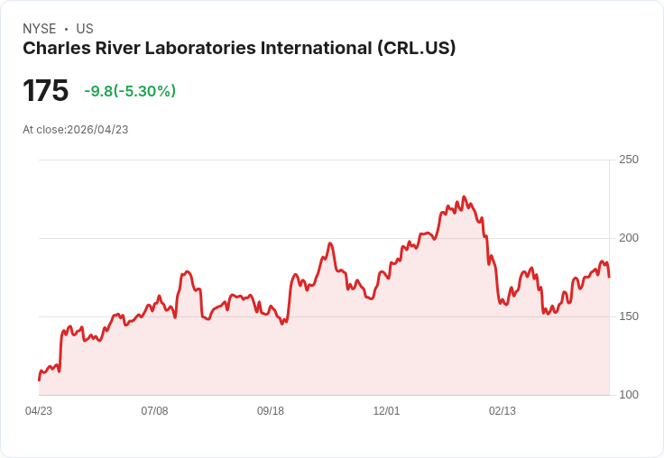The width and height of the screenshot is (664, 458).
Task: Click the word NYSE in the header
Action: (x=39, y=29)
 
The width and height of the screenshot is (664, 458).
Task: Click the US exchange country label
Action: (x=85, y=29)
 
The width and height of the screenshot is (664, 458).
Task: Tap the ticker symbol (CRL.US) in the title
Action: (x=416, y=49)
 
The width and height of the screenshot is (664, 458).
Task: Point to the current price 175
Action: (x=45, y=91)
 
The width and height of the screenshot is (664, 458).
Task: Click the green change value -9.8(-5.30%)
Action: (x=130, y=91)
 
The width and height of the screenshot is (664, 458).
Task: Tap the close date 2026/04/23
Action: (x=97, y=130)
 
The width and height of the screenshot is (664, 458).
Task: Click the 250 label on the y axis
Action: (x=629, y=160)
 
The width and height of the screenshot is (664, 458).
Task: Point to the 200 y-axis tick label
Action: (x=629, y=238)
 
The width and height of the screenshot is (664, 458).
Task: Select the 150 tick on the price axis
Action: (x=629, y=316)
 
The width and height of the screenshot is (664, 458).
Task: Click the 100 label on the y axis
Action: (x=629, y=395)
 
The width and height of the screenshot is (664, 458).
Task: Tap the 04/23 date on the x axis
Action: (x=39, y=411)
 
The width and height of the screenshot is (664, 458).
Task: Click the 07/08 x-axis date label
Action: (x=154, y=411)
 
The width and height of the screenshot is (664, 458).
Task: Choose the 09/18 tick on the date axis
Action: (x=271, y=411)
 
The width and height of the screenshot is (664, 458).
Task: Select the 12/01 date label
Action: (x=386, y=411)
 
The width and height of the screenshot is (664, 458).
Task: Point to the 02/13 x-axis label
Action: (x=503, y=411)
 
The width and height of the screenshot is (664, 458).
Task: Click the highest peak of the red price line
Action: (x=464, y=197)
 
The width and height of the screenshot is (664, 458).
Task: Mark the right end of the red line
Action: (x=609, y=277)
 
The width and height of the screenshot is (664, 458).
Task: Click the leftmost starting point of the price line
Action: (x=39, y=380)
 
